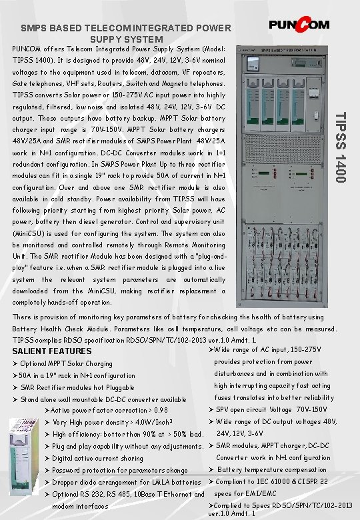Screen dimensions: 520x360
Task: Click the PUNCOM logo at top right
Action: point(299,25)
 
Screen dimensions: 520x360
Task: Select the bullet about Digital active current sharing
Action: point(97,458)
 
